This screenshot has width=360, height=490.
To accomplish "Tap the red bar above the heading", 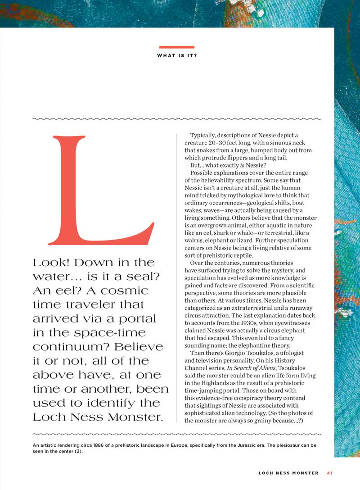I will pyautogui.click(x=177, y=47).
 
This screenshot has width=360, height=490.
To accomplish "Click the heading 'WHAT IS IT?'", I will pyautogui.click(x=177, y=56).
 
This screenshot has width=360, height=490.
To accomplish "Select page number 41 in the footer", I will pyautogui.click(x=330, y=473).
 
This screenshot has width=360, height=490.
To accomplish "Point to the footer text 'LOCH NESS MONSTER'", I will pyautogui.click(x=288, y=473).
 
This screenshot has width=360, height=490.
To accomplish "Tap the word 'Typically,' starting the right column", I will pyautogui.click(x=204, y=135).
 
